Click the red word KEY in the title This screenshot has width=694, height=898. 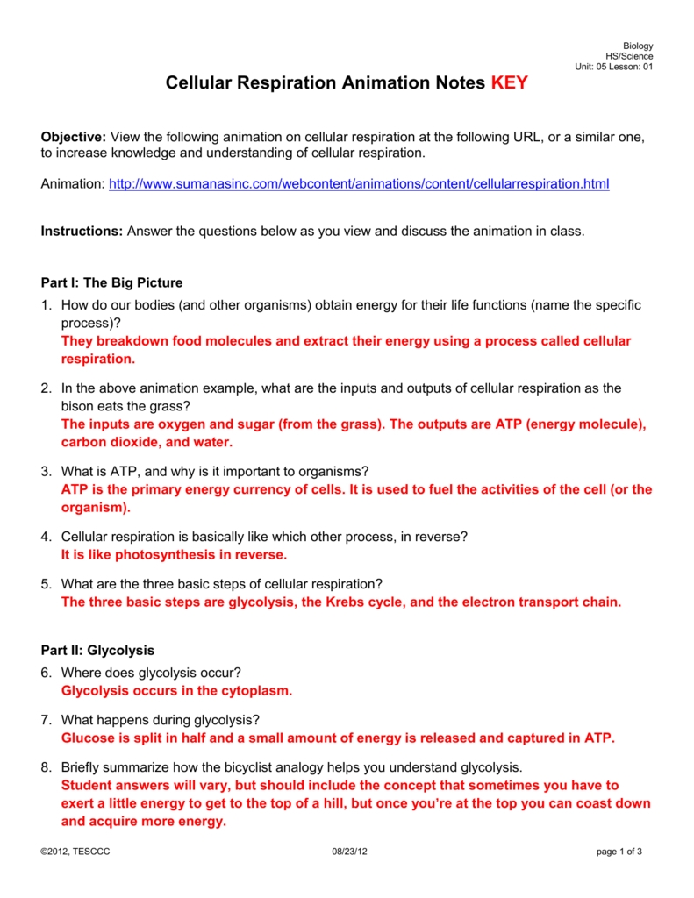point(509,84)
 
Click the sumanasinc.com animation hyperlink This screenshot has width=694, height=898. point(358,184)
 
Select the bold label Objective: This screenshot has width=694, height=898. point(74,138)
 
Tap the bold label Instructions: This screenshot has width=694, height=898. point(82,232)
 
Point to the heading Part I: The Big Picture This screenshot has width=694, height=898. point(112,282)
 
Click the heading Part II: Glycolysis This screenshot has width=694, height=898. point(98,651)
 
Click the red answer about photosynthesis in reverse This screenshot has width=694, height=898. point(174,555)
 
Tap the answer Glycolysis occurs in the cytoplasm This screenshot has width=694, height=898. point(176,691)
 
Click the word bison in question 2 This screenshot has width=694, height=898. point(78,407)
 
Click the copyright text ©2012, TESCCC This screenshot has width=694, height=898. point(75,852)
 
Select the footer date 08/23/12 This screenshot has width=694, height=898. point(350,852)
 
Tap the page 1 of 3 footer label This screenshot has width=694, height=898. point(619,852)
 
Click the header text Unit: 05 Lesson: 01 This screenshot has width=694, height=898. point(613,67)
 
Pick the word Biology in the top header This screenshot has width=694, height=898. point(638,46)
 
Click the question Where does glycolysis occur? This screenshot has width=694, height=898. point(151,673)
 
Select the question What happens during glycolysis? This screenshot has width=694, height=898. point(161,720)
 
